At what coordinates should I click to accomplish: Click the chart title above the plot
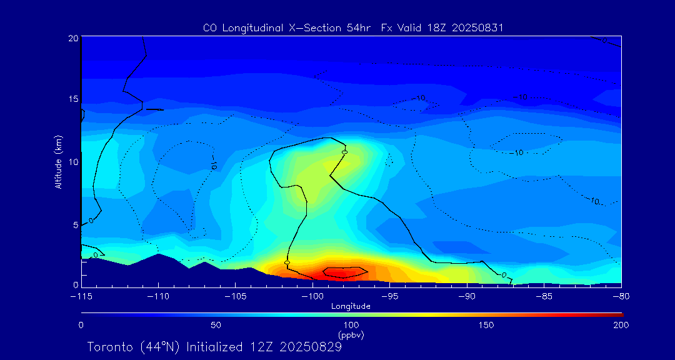click(353, 27)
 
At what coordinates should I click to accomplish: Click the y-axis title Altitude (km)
click(58, 162)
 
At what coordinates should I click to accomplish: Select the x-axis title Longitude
click(351, 306)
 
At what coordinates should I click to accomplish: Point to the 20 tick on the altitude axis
click(72, 38)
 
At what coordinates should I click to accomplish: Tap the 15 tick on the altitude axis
click(72, 99)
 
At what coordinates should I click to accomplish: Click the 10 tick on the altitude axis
click(72, 162)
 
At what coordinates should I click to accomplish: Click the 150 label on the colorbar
click(486, 325)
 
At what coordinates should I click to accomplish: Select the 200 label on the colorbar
click(621, 325)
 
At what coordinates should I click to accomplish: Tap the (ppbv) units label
click(351, 335)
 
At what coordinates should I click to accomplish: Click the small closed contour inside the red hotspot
click(345, 272)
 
